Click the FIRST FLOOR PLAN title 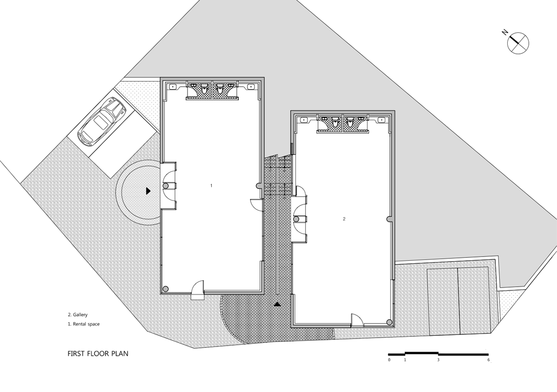point(98,353)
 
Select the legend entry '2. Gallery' point(78,315)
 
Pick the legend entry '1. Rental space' point(84,324)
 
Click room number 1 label point(211,186)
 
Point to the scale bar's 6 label point(488,360)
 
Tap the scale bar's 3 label point(438,360)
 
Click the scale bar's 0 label point(389,360)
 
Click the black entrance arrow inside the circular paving point(148,190)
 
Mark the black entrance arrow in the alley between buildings point(278,304)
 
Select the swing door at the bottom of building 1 point(198,288)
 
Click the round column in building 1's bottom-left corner point(166,288)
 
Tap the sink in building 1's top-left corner point(172,86)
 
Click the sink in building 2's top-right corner point(382,120)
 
